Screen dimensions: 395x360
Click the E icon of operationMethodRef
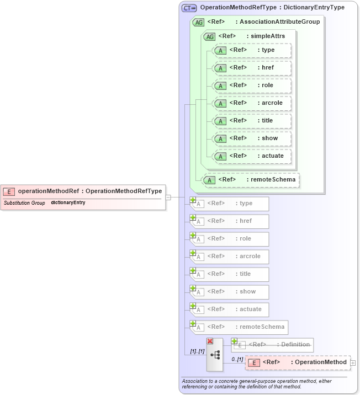pos(9,191)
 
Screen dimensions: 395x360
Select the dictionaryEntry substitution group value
pos(68,202)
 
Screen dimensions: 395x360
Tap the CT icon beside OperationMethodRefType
pos(189,8)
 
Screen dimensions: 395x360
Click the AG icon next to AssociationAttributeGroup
pos(198,22)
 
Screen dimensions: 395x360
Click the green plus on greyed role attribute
pos(193,235)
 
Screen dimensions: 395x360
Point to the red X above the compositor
pos(210,341)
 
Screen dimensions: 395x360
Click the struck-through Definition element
pos(273,345)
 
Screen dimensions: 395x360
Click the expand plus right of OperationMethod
pos(353,362)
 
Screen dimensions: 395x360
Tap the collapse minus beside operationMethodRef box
pos(168,197)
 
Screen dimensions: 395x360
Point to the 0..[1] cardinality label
pos(236,359)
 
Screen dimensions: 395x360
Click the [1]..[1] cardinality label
pos(197,351)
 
